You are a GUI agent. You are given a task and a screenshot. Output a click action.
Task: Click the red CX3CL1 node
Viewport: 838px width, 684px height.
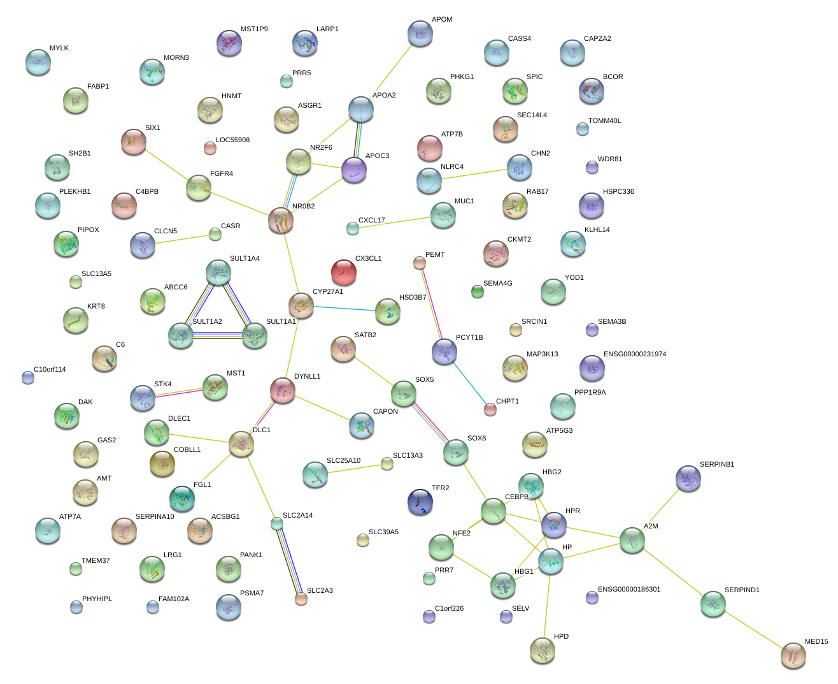(x=344, y=272)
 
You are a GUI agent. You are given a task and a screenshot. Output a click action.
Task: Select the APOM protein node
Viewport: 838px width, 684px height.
(x=420, y=33)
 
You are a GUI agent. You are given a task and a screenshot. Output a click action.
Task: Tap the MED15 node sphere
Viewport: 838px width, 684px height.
(x=793, y=655)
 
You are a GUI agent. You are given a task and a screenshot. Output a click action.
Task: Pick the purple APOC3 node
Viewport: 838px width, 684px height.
(x=354, y=170)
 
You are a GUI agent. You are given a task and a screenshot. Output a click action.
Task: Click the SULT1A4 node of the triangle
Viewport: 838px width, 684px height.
(x=218, y=272)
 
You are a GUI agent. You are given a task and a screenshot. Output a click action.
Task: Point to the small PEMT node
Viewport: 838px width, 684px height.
(x=419, y=263)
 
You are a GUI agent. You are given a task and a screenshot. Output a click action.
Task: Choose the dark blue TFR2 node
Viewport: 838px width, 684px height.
(x=420, y=502)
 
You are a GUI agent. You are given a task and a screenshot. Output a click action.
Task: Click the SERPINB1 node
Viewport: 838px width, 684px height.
(x=688, y=478)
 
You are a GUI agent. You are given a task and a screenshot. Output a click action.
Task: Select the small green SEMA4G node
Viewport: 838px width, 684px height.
(x=477, y=292)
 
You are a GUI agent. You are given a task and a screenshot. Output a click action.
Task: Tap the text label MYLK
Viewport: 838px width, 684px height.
(x=59, y=48)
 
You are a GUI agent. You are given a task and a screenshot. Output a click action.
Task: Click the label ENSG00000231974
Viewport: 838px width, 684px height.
(x=635, y=354)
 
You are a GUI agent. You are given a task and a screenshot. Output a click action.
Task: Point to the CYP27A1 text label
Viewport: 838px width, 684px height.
(x=327, y=292)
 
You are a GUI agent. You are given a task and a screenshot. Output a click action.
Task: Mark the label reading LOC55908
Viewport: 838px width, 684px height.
(x=232, y=140)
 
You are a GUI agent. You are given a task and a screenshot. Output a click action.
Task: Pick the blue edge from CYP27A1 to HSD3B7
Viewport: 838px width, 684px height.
(x=344, y=309)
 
